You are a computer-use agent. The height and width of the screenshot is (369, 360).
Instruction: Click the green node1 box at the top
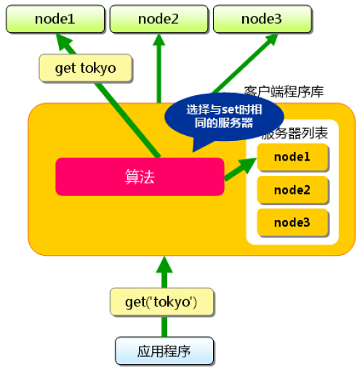55,19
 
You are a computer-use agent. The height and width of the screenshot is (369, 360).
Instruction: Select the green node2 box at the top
159,19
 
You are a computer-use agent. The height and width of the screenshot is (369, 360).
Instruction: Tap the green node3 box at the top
262,19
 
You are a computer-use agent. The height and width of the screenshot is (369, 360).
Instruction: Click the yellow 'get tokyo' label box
86,68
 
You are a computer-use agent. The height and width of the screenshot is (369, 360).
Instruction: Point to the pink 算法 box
140,177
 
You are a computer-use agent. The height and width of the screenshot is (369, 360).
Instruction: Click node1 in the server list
292,157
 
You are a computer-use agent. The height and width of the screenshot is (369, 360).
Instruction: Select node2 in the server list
292,190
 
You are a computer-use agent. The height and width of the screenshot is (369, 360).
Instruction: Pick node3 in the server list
292,222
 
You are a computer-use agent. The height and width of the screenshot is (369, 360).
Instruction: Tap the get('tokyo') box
161,302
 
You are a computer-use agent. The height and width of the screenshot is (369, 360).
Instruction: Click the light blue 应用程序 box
164,351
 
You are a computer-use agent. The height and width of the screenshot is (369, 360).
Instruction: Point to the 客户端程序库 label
284,92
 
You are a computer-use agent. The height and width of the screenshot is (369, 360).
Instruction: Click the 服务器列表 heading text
295,133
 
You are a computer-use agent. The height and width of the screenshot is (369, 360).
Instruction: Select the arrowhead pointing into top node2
159,39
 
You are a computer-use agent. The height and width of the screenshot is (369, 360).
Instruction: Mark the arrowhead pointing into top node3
271,39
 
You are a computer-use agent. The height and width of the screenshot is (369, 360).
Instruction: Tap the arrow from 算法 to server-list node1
240,169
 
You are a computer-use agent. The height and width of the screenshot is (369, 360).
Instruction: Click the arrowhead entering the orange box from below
164,264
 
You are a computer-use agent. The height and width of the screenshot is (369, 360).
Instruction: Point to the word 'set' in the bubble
228,110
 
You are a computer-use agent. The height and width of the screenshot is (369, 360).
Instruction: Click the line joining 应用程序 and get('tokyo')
164,326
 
